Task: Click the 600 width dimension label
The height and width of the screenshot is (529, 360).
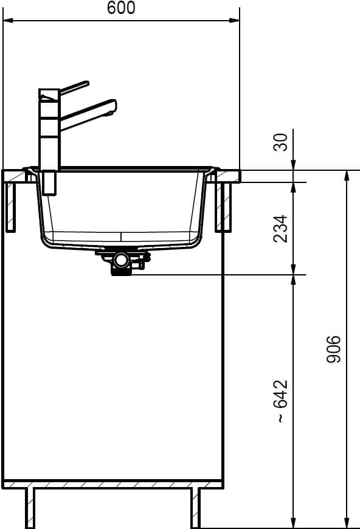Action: (x=121, y=8)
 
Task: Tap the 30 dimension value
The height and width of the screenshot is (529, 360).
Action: (x=281, y=142)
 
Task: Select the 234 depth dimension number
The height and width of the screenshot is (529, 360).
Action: (x=281, y=229)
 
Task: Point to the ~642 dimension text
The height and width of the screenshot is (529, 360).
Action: (x=281, y=401)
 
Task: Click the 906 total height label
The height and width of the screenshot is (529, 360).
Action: (x=334, y=349)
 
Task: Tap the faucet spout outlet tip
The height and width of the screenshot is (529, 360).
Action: (x=110, y=114)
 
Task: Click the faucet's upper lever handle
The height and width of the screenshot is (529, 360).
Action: (x=74, y=87)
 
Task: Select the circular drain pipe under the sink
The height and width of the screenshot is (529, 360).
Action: (x=120, y=260)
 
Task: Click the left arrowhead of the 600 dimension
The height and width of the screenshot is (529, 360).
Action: (x=8, y=21)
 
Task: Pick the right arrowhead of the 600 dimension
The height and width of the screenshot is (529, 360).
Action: (x=235, y=21)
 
